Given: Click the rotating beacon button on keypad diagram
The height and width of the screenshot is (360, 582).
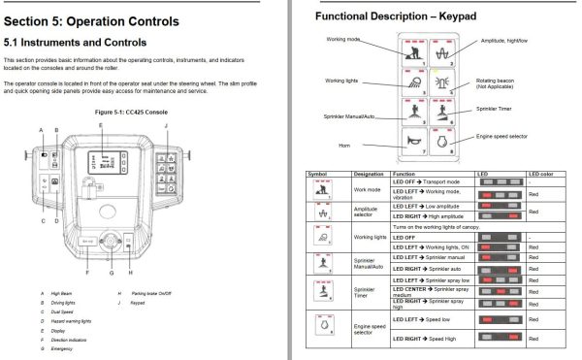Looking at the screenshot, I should pos(446,82).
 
